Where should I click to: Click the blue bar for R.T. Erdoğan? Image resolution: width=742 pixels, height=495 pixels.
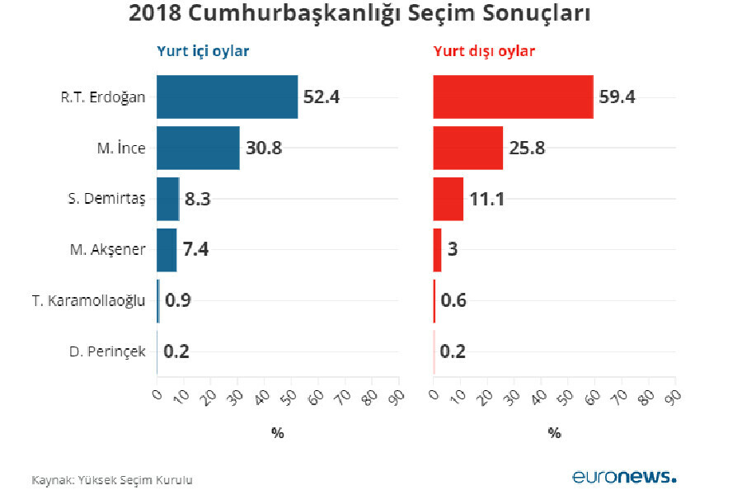227,97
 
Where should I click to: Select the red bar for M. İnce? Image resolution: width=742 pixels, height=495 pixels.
467,148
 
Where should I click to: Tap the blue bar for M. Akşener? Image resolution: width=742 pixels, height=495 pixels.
167,250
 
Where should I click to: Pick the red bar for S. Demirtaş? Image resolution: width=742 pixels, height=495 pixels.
448,199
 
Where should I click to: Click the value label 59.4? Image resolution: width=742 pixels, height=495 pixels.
617,97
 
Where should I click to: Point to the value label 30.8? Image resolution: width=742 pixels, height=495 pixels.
264,148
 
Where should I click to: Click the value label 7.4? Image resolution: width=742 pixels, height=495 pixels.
195,250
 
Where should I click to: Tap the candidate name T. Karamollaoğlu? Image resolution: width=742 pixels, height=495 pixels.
89,301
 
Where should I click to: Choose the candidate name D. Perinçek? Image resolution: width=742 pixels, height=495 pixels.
107,352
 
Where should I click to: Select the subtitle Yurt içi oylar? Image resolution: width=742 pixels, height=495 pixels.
203,51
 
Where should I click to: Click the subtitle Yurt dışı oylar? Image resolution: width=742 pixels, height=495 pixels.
484,51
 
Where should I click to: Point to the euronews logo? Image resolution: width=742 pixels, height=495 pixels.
624,477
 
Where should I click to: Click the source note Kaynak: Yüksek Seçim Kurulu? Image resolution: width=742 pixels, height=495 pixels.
112,479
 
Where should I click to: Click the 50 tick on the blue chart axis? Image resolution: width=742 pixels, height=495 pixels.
289,397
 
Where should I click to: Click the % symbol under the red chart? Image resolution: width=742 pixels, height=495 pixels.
554,432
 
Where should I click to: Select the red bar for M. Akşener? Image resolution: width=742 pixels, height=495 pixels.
437,250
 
